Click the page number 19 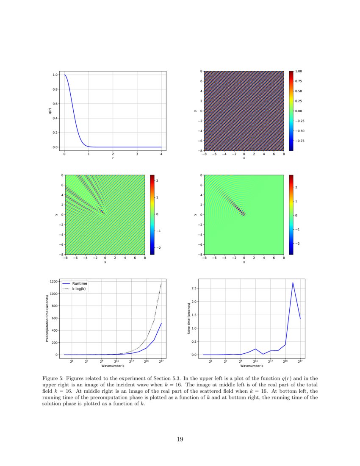(180, 439)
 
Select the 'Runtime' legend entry (80, 283)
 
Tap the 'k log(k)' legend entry (80, 288)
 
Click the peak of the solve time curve (293, 283)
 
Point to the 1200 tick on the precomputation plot (53, 281)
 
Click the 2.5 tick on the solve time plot (194, 288)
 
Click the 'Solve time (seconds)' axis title (189, 319)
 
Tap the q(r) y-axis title (50, 111)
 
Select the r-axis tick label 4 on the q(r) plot (161, 154)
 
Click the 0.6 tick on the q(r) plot (55, 104)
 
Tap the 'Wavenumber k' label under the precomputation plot (113, 365)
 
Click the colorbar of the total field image (152, 214)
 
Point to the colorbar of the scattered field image (291, 214)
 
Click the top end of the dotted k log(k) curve (161, 283)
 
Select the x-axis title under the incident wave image (244, 158)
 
